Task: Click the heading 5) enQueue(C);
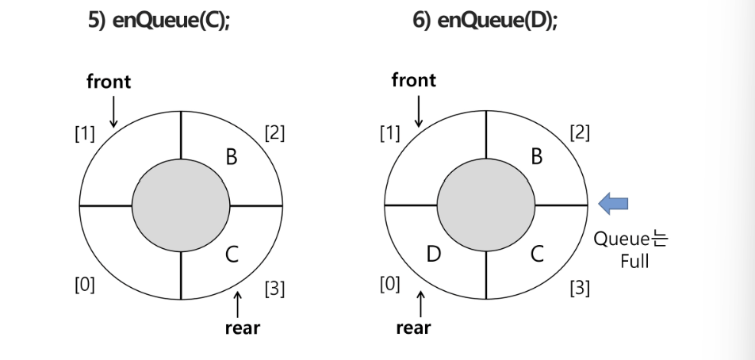pos(158,21)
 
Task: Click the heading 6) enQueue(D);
pos(485,21)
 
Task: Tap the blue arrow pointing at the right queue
pos(612,204)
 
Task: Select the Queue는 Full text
pos(631,249)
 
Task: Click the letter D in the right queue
pos(433,255)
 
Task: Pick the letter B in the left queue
pos(232,157)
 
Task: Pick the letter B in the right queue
pos(536,157)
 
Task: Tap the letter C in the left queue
pos(232,255)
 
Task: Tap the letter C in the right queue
pos(536,255)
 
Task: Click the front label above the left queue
pos(109,81)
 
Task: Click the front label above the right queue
pos(413,80)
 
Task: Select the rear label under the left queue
pos(242,327)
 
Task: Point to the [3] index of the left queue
pos(274,289)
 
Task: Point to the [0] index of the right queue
pos(389,284)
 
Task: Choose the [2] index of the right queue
pos(580,132)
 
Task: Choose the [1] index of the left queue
pos(84,132)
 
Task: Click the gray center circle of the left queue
pos(182,205)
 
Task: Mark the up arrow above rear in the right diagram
pos(420,304)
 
